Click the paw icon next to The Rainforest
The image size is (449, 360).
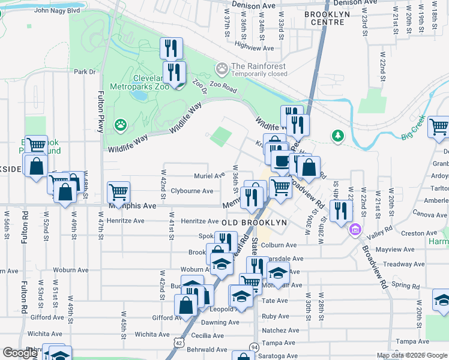click(222, 69)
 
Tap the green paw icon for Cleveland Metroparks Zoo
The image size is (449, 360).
click(122, 125)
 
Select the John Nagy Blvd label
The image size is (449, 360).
click(57, 10)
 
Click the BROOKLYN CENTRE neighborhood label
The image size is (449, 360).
click(330, 14)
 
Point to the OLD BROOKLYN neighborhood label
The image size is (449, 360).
click(254, 223)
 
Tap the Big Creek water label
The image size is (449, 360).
click(414, 128)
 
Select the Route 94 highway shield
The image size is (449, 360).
click(255, 347)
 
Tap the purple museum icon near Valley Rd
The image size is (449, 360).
click(355, 229)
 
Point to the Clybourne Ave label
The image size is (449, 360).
click(192, 191)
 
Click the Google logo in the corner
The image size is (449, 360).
click(20, 353)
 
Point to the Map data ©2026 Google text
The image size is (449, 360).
click(412, 355)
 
